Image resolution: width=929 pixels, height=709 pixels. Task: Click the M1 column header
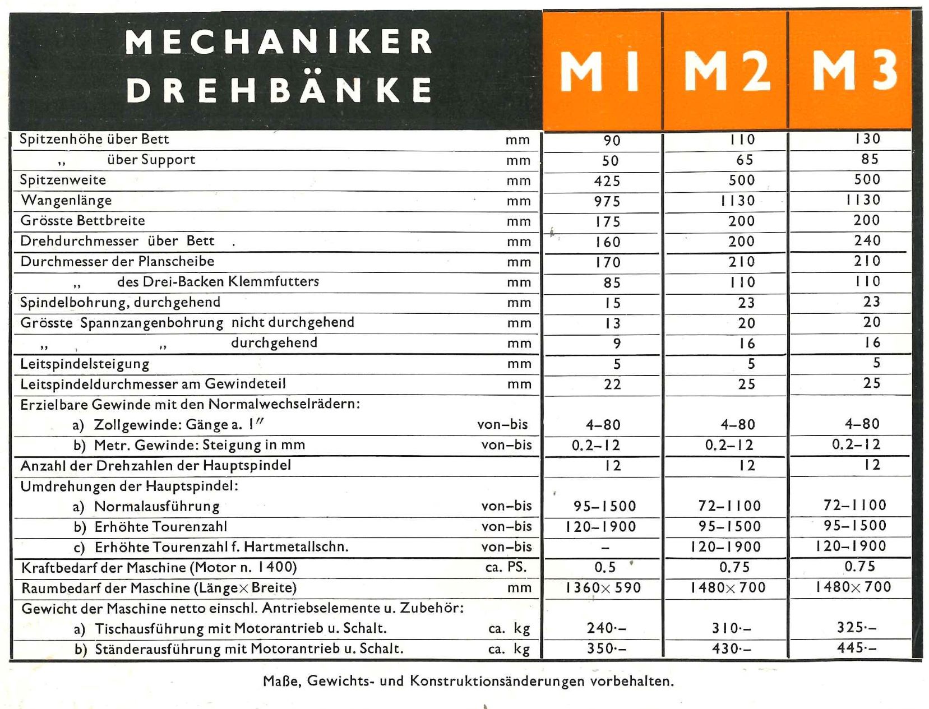[600, 71]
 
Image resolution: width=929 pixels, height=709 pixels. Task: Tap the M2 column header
[727, 71]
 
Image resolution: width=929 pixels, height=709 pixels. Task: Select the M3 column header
[854, 71]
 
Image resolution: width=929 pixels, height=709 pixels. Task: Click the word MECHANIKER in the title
[279, 42]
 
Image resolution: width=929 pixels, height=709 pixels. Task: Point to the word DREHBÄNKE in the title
[279, 90]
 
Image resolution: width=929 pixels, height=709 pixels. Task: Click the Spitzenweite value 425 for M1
[607, 181]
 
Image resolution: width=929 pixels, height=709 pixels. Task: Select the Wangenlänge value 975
[607, 201]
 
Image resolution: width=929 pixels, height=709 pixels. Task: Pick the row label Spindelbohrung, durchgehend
[121, 303]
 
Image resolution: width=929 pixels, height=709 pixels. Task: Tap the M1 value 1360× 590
[603, 588]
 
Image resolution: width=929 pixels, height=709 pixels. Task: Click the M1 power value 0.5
[605, 567]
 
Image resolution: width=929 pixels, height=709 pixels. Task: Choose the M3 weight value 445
[857, 648]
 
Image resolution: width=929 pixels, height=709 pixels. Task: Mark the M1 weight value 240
[606, 628]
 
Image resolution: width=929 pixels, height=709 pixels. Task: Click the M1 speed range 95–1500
[604, 506]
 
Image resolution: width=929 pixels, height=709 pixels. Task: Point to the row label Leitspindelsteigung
[85, 364]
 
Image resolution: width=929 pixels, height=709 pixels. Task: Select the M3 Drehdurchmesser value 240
[867, 240]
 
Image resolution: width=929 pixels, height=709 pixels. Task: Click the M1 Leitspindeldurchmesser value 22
[612, 384]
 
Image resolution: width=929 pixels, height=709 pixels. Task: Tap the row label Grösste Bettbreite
[83, 221]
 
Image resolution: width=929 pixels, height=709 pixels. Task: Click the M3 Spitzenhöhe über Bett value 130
[867, 139]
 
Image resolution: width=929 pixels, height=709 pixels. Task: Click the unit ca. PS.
[506, 567]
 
